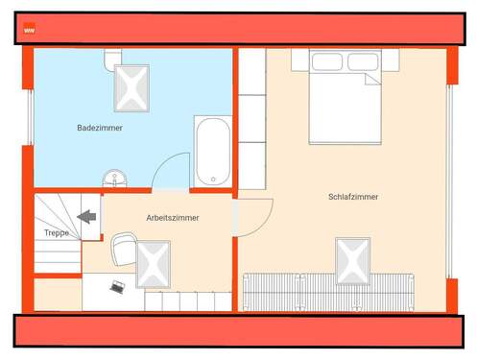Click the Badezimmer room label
pyautogui.click(x=100, y=127)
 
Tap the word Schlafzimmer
pyautogui.click(x=352, y=197)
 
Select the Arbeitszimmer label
pyautogui.click(x=173, y=218)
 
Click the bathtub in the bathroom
pyautogui.click(x=212, y=152)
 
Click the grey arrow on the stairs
pyautogui.click(x=88, y=216)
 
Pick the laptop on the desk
pyautogui.click(x=118, y=286)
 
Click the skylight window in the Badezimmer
pyautogui.click(x=132, y=87)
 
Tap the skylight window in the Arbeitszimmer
pyautogui.click(x=153, y=263)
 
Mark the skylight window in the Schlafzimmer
pyautogui.click(x=352, y=259)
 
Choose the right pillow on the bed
pyautogui.click(x=363, y=62)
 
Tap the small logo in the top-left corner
pyautogui.click(x=30, y=30)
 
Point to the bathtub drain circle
pyautogui.click(x=212, y=178)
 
